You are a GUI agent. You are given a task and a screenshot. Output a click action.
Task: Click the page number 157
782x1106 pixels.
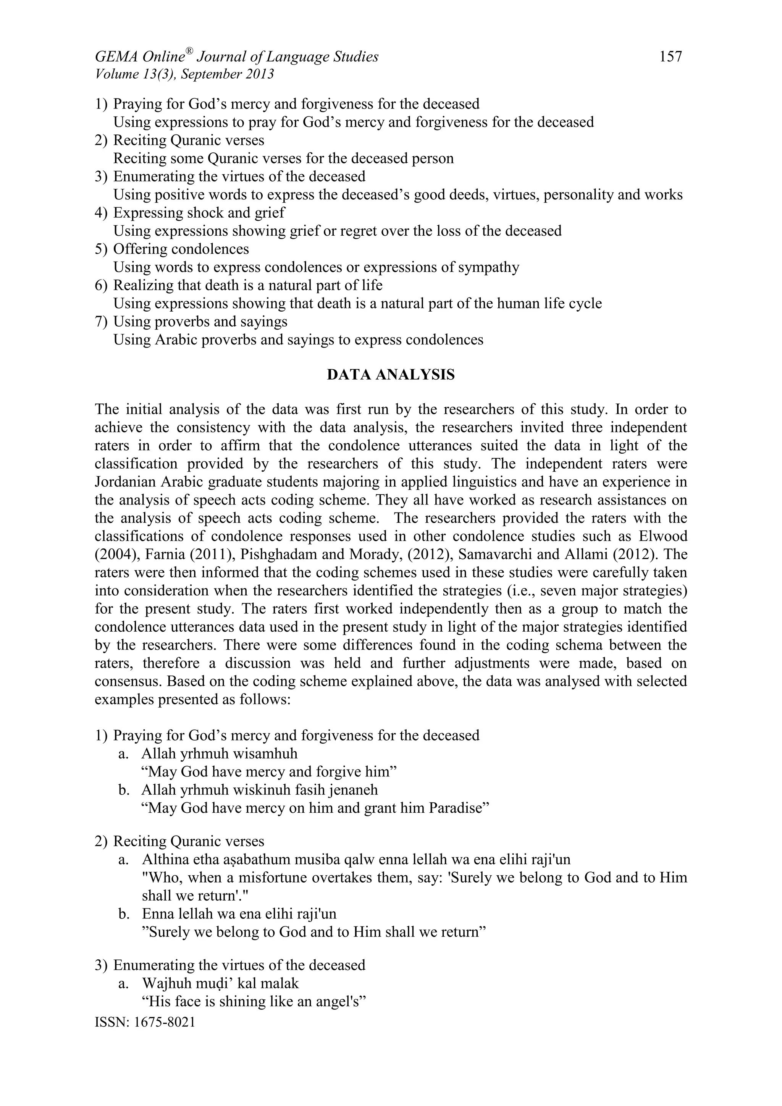(x=671, y=57)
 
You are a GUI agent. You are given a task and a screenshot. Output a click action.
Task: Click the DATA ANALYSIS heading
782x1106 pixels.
(x=391, y=375)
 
